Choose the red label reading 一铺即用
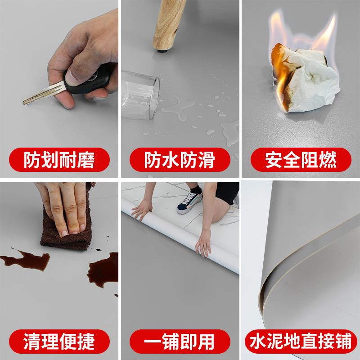coord(179,341)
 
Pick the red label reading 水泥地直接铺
coord(301,341)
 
